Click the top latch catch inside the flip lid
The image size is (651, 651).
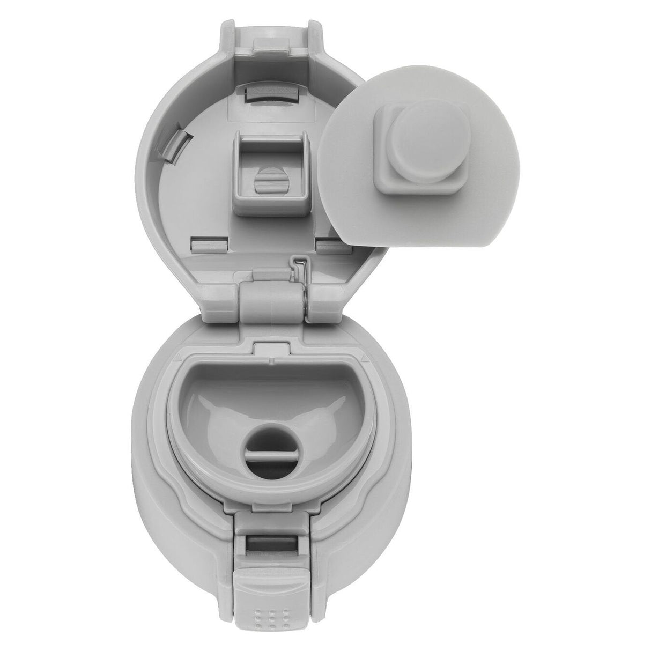coord(272,93)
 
